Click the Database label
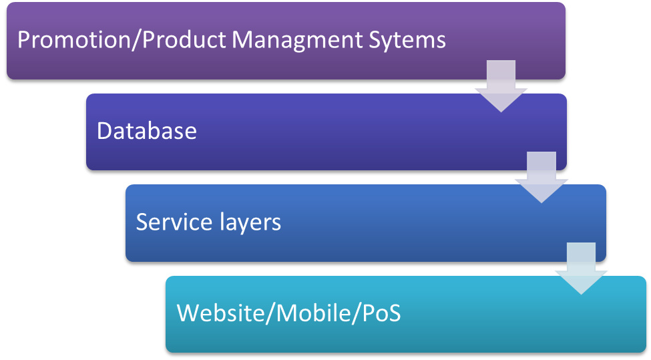click(x=146, y=130)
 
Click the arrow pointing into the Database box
click(x=501, y=87)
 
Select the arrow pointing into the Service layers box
click(x=541, y=178)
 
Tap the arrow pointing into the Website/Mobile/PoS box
click(x=581, y=268)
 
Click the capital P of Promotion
click(x=23, y=39)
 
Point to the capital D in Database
click(x=104, y=130)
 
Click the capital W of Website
click(x=188, y=313)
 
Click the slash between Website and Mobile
click(x=268, y=313)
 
